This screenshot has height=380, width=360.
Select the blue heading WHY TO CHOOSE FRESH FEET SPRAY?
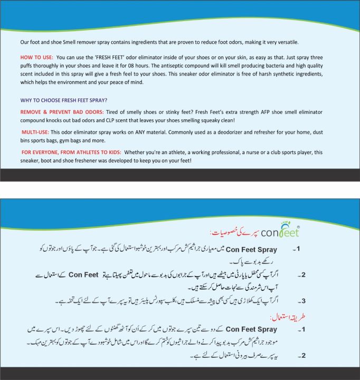(64, 100)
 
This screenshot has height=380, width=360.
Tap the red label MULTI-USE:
(35, 132)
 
